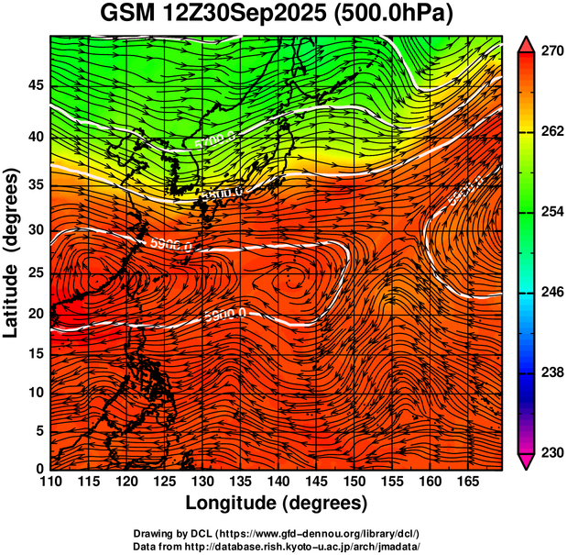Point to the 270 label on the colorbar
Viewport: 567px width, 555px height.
[x=551, y=52]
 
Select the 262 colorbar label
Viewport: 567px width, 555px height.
[x=551, y=132]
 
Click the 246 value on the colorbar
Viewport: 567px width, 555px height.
[x=551, y=293]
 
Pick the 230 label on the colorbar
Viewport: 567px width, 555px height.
[x=551, y=452]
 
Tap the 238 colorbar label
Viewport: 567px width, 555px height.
[x=551, y=372]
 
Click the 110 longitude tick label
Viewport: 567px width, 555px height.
[x=50, y=482]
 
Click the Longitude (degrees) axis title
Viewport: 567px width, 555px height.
[x=277, y=504]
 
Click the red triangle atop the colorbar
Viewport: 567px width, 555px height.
[x=526, y=43]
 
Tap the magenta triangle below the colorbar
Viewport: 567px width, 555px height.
[x=526, y=461]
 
